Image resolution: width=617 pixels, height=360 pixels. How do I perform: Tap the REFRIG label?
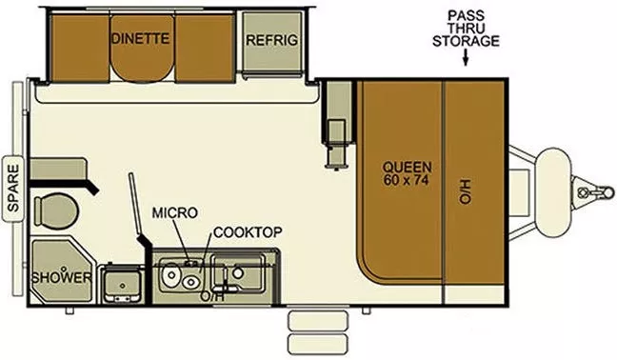click(x=272, y=40)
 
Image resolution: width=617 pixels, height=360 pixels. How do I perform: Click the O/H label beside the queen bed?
click(x=465, y=190)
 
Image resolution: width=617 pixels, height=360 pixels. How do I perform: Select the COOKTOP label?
click(x=247, y=231)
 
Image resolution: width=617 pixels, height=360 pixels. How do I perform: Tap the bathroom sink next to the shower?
click(x=122, y=281)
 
